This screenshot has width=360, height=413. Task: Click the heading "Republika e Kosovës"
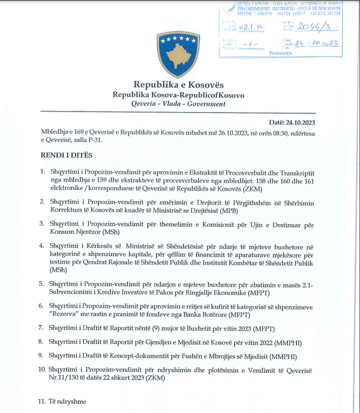[x=178, y=85]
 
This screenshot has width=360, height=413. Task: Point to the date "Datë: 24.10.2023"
[x=293, y=122]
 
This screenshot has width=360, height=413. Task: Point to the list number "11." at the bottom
[x=42, y=402]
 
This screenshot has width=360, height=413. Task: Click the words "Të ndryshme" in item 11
[x=68, y=402]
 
